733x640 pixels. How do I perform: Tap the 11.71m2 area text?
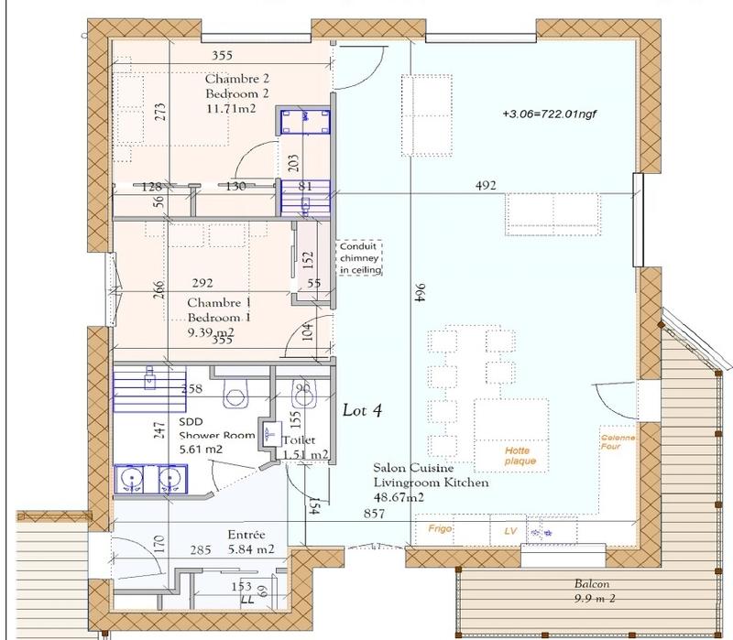[x=230, y=108]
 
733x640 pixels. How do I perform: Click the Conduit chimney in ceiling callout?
[x=360, y=258]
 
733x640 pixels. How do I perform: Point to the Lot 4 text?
[x=362, y=410]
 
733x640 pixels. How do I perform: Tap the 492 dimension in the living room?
[x=486, y=186]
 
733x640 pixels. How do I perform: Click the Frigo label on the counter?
[x=443, y=529]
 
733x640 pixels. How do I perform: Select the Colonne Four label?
[x=618, y=444]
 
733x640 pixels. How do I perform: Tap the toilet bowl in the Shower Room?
[x=236, y=396]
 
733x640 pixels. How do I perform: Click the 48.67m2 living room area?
[x=398, y=497]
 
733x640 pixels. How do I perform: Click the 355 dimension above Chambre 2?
[x=221, y=55]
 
